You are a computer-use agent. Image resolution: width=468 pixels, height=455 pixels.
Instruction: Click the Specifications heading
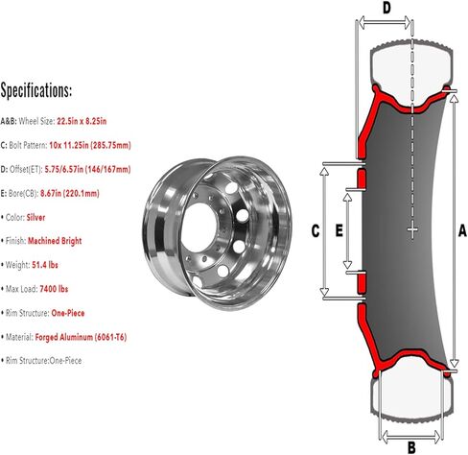coord(36,90)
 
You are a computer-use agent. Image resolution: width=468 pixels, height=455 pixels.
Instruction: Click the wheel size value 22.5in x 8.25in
coord(82,121)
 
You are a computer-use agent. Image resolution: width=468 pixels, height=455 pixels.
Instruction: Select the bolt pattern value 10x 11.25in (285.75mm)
coord(90,145)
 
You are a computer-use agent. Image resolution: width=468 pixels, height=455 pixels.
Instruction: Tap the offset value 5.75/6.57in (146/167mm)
coord(87,169)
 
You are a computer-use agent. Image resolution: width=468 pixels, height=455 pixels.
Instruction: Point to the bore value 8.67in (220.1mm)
coord(70,193)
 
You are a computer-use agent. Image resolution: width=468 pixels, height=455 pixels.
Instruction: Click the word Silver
coord(35,218)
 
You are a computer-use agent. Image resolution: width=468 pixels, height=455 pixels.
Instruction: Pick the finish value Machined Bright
coord(55,241)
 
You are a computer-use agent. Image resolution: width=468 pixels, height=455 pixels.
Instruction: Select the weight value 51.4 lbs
coord(45,265)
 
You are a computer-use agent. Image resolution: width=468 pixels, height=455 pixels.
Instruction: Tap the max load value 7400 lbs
coord(54,289)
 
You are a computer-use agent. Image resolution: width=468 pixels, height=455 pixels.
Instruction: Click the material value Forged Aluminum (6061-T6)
coord(81,337)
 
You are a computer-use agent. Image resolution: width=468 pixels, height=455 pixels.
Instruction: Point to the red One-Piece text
coord(68,313)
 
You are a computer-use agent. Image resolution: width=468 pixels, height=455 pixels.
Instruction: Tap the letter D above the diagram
coord(386,9)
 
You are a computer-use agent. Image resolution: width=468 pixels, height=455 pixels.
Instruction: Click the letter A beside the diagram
coord(462,230)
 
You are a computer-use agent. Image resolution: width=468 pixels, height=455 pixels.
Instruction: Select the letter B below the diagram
coord(411,446)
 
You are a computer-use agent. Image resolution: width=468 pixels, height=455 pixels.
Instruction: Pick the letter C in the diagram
coord(316,230)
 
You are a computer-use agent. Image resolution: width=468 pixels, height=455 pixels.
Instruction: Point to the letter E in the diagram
coord(339,230)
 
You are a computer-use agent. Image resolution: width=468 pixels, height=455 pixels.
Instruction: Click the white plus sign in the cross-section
coord(412,229)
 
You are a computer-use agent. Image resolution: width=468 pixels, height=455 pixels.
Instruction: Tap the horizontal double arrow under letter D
coord(385,22)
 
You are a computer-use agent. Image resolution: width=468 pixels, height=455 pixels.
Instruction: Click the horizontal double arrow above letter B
coord(411,436)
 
